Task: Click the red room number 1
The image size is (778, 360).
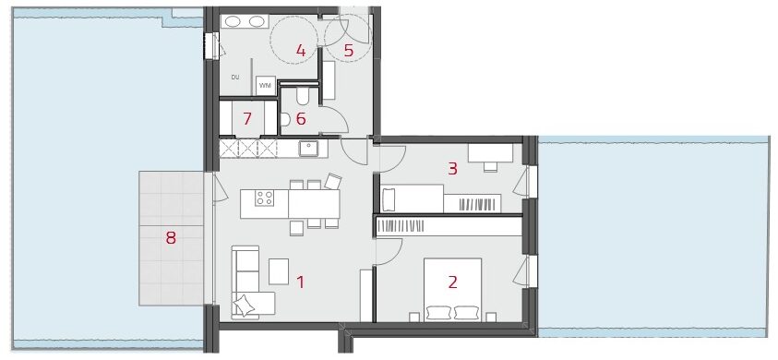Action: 300,282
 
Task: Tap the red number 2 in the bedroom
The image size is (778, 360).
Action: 452,282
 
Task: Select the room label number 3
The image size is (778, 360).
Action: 452,169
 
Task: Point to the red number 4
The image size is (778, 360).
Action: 301,50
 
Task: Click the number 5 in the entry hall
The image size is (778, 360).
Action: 348,50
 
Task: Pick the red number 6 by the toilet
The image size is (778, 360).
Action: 301,119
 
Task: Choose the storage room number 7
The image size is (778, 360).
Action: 246,119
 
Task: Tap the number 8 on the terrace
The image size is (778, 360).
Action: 171,238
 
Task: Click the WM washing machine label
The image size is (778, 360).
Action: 265,86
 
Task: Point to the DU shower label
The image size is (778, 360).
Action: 235,77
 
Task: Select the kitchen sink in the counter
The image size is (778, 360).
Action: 308,148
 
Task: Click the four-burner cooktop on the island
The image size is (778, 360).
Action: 264,198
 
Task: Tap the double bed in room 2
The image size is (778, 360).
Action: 452,290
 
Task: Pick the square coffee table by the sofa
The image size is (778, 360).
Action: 279,271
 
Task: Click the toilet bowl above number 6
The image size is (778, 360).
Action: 303,96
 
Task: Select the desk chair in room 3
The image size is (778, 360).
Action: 490,166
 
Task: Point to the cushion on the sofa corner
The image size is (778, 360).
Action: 245,305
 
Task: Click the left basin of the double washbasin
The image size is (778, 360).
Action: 232,21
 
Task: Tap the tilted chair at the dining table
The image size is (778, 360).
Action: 333,181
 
